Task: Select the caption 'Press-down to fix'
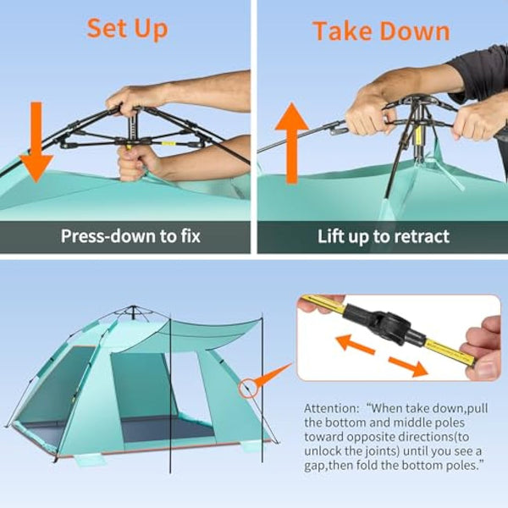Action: (x=130, y=235)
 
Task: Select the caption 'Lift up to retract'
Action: (x=383, y=236)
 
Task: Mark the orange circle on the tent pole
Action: (x=249, y=389)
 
